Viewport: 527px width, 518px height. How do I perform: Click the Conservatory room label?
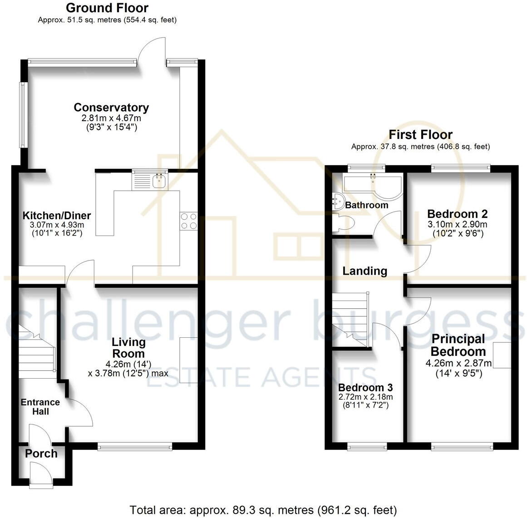[111, 108]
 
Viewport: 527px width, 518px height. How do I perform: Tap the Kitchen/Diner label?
[57, 216]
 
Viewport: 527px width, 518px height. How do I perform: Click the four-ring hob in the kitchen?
[189, 221]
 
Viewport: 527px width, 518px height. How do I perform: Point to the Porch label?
[41, 454]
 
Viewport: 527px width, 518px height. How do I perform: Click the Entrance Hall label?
[40, 407]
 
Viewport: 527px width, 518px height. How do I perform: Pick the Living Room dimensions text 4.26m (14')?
[128, 364]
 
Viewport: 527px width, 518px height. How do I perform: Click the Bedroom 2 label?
[458, 214]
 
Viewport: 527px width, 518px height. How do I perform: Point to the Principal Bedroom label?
[458, 345]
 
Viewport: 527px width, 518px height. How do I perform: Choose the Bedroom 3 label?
[365, 388]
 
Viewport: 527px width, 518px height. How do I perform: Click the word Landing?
[364, 271]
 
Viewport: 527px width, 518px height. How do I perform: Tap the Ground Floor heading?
[107, 8]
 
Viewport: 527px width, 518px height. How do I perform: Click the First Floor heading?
[420, 134]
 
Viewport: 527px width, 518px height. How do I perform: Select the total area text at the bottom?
[263, 510]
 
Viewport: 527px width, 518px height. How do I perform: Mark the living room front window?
[135, 447]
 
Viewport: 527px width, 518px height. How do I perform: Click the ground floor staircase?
[36, 352]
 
